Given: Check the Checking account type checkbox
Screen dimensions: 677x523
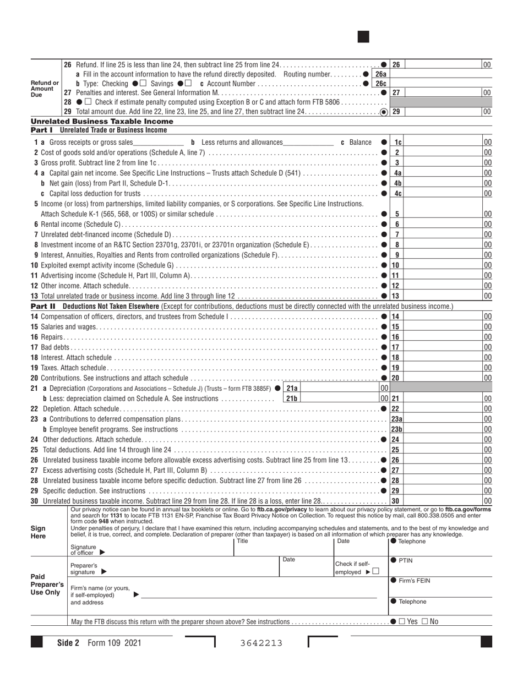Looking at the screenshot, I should [x=144, y=83].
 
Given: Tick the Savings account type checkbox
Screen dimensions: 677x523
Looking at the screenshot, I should [x=188, y=83].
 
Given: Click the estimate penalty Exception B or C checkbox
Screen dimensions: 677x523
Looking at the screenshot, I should [x=88, y=102].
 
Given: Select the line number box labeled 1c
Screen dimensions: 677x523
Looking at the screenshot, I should [x=397, y=143].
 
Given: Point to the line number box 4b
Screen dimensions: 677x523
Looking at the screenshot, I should [x=397, y=183].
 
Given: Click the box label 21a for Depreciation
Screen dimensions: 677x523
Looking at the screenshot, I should [x=291, y=388].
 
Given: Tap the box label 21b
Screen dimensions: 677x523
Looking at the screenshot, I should [x=291, y=398].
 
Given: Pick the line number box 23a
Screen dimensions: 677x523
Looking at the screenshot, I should [x=397, y=419].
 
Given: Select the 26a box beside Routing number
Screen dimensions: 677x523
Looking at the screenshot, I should [x=380, y=74].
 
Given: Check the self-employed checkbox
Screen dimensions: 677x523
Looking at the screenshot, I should [x=375, y=571].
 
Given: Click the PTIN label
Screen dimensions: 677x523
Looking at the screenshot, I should [x=406, y=560].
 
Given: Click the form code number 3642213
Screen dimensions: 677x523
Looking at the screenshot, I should [x=261, y=642].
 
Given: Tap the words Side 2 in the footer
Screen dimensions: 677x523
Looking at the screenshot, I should [x=69, y=642].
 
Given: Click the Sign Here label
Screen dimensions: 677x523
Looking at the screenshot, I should [x=39, y=532].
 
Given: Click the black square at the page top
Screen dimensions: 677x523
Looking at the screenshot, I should [x=363, y=37].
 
